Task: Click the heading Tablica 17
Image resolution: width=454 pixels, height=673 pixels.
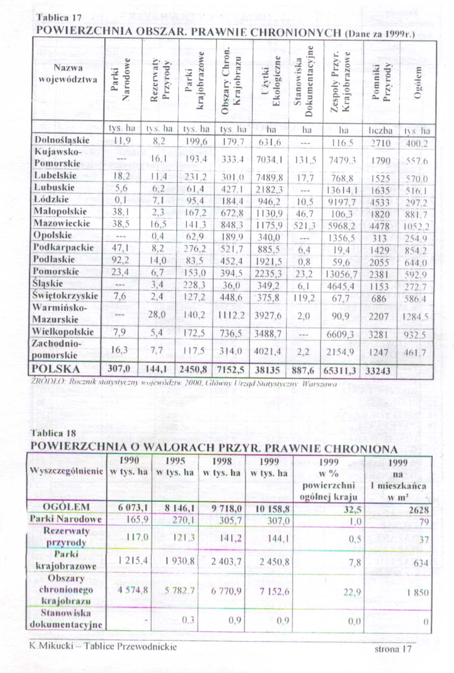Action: click(58, 18)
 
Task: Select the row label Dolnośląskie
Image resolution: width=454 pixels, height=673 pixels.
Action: click(62, 140)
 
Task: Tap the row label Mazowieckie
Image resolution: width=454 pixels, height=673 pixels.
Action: click(62, 223)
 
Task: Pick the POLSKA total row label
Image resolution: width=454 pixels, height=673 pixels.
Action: click(56, 369)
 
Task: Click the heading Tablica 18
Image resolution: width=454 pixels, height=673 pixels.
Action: click(53, 433)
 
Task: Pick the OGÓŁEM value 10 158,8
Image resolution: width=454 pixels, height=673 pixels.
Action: click(273, 509)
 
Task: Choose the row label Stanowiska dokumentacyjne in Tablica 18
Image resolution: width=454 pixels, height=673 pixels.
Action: click(66, 619)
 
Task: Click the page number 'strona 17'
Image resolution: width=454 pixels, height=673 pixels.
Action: click(393, 649)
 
